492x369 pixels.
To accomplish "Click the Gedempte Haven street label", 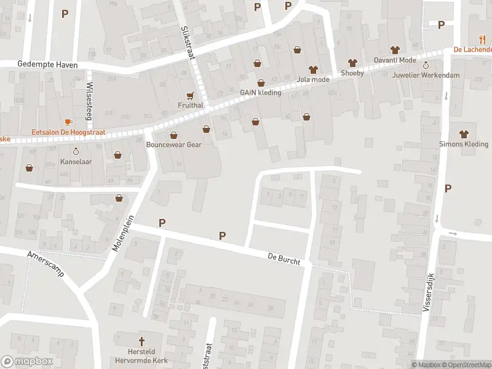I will tap(46, 63).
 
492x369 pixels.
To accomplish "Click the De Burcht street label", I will tap(284, 259).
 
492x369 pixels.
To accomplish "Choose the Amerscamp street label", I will tap(46, 263).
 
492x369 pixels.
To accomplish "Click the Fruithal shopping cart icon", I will tap(191, 95).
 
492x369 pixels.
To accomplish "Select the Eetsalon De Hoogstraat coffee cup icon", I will tap(68, 122).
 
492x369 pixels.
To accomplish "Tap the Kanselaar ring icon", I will tap(76, 151).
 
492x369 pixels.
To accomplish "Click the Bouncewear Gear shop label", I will tap(173, 145).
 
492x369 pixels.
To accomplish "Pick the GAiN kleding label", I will tap(260, 93).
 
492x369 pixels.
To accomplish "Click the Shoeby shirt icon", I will tap(352, 63).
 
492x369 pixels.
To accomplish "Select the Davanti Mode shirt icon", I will tap(395, 50).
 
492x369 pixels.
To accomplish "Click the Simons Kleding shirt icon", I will tap(464, 134).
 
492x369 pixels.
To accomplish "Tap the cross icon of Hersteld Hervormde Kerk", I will tap(141, 340).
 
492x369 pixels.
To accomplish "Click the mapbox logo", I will tap(27, 362).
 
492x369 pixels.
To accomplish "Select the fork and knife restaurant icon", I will tap(482, 39).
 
